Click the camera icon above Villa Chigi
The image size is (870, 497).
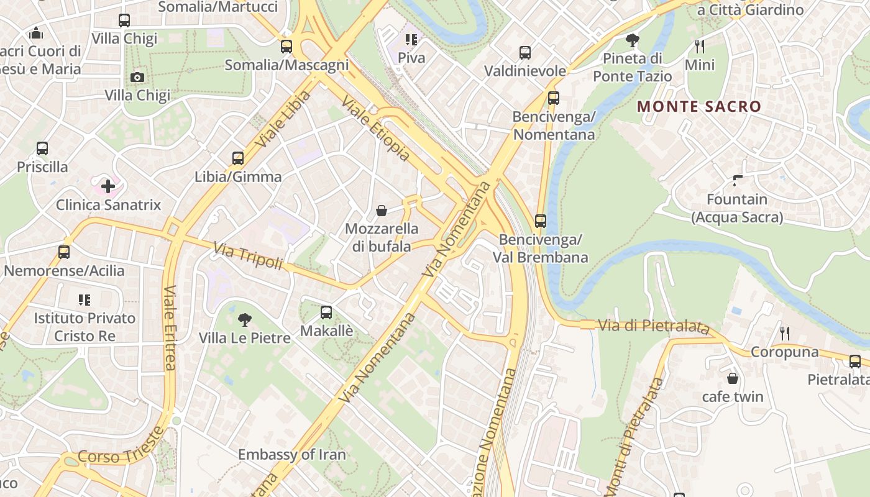click(x=137, y=77)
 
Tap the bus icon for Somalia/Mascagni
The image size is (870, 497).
click(x=286, y=46)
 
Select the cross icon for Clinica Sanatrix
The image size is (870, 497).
click(x=108, y=186)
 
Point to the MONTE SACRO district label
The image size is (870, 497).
click(x=699, y=106)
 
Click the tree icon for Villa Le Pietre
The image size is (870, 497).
click(x=245, y=320)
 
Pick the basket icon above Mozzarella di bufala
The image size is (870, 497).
click(x=382, y=211)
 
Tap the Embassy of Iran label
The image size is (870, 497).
click(x=291, y=454)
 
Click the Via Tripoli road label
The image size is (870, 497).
click(x=248, y=257)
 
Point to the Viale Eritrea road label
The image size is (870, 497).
click(x=170, y=327)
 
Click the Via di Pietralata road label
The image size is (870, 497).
click(x=654, y=326)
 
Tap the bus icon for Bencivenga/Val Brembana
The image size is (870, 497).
click(x=541, y=221)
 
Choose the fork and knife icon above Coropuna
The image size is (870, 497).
click(x=785, y=334)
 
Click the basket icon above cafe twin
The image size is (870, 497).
click(x=733, y=378)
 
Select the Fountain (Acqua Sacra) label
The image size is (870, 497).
click(x=737, y=208)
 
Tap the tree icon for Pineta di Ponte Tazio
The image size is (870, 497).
click(x=633, y=40)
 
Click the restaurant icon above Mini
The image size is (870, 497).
click(x=700, y=46)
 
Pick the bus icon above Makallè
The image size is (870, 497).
click(x=326, y=312)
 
